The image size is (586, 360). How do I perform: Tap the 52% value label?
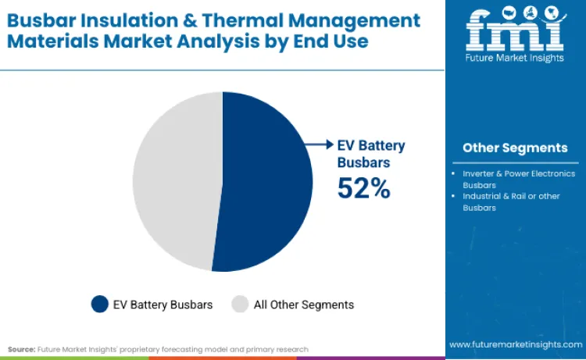click(x=363, y=188)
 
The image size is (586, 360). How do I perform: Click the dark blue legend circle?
click(x=99, y=305)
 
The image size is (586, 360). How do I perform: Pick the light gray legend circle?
click(x=240, y=305)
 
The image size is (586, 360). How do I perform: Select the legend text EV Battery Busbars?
click(x=163, y=305)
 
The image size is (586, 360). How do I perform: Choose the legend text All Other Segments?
click(x=304, y=305)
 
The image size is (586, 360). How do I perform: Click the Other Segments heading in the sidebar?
click(x=515, y=148)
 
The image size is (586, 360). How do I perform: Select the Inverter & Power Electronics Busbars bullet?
click(x=517, y=179)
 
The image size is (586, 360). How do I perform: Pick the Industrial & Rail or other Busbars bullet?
click(x=511, y=201)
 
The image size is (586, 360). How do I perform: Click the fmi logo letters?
click(x=515, y=33)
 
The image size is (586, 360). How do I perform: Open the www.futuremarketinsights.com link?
click(x=515, y=344)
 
